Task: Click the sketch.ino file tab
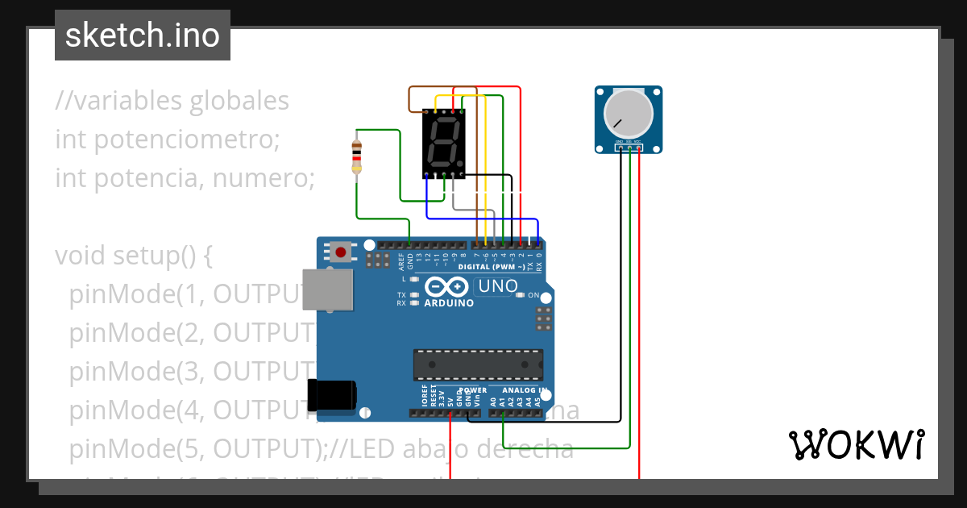[143, 35]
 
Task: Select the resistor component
[357, 156]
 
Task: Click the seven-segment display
[444, 144]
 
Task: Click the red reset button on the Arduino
[341, 252]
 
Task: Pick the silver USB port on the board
[326, 289]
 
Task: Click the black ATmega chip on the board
[478, 364]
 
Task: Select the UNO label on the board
[497, 286]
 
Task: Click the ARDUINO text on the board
[450, 303]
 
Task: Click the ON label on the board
[533, 295]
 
